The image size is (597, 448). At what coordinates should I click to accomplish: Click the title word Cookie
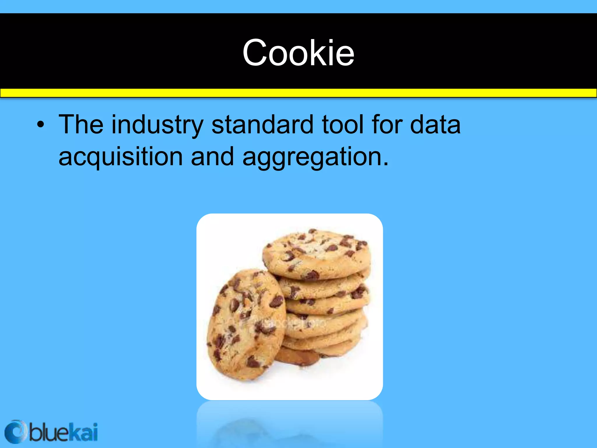click(x=298, y=53)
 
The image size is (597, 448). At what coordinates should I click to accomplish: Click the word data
click(x=435, y=125)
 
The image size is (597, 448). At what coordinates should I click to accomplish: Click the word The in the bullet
click(x=81, y=125)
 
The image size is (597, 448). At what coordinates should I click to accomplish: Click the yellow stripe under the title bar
click(x=298, y=93)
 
